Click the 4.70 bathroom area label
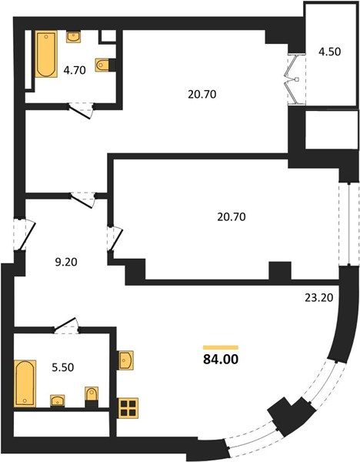click(75, 70)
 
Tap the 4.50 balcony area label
click(330, 52)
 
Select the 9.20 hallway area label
click(66, 262)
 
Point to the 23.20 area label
click(318, 297)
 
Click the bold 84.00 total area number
click(221, 359)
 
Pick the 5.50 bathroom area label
click(63, 367)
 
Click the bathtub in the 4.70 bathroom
click(46, 55)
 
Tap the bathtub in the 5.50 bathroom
click(25, 383)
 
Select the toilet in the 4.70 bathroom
click(102, 65)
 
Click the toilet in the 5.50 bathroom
click(92, 393)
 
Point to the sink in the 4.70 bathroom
click(74, 37)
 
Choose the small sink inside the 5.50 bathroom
click(58, 400)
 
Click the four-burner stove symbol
click(128, 408)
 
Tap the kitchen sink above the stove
click(125, 360)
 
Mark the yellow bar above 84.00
click(221, 348)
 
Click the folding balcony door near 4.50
click(295, 79)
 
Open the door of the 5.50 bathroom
click(66, 325)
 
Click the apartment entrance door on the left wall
click(25, 234)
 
